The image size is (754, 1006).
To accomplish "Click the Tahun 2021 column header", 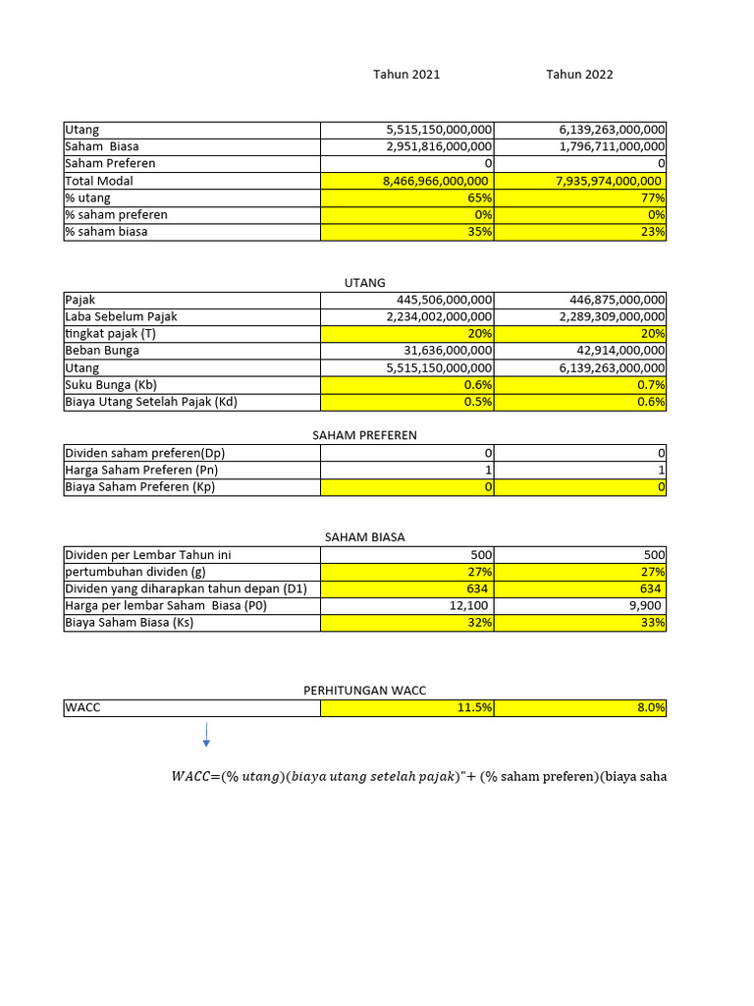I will pyautogui.click(x=406, y=75).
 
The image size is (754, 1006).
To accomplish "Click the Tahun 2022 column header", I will pyautogui.click(x=579, y=75).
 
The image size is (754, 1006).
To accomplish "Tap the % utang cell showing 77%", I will pyautogui.click(x=649, y=197).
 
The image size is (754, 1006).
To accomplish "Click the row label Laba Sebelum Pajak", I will pyautogui.click(x=121, y=316).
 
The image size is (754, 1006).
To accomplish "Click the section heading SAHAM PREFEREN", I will pyautogui.click(x=365, y=435).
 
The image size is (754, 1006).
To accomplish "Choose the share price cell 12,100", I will pyautogui.click(x=470, y=606).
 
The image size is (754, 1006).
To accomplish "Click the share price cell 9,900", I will pyautogui.click(x=643, y=606).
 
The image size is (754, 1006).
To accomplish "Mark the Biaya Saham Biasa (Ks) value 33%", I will pyautogui.click(x=649, y=623).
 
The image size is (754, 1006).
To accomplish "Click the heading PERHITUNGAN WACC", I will pyautogui.click(x=365, y=691).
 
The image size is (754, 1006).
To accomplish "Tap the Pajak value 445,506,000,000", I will pyautogui.click(x=445, y=300).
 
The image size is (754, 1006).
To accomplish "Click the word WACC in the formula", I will pyautogui.click(x=189, y=777).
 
